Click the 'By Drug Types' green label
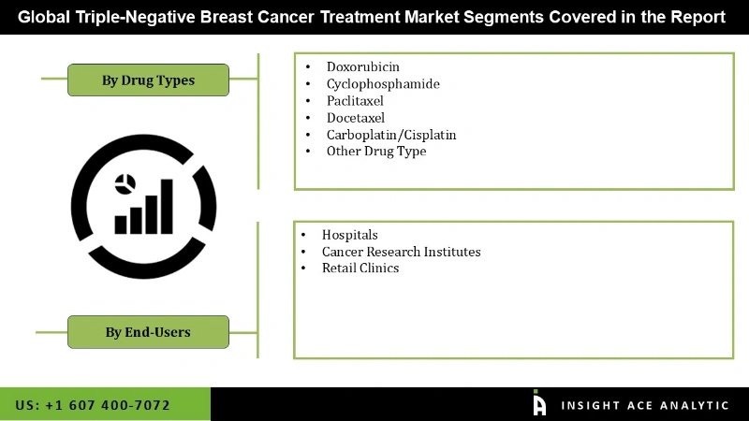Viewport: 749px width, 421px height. point(148,80)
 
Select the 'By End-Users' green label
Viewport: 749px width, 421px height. point(148,331)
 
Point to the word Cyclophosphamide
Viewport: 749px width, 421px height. point(383,83)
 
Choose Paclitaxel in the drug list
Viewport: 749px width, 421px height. point(355,100)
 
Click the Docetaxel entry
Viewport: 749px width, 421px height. point(356,117)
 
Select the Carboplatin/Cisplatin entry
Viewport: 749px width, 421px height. point(391,134)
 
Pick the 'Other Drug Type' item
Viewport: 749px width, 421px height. point(376,151)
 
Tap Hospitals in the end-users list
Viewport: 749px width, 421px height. point(350,235)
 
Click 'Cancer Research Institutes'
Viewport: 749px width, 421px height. point(401,252)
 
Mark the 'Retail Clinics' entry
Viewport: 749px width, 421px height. point(360,269)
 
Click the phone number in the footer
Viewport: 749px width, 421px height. point(93,405)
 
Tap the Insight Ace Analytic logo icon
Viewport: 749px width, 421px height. point(539,403)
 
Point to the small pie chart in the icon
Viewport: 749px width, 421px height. point(125,184)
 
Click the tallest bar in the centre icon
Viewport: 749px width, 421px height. point(167,207)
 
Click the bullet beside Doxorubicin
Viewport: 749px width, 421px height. point(308,67)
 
